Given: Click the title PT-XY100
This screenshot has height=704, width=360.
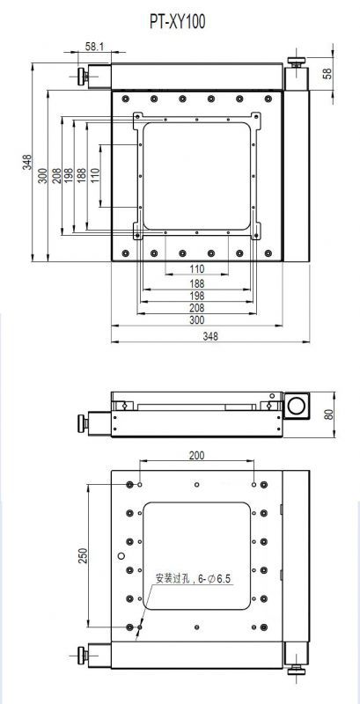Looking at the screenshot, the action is click(x=178, y=21).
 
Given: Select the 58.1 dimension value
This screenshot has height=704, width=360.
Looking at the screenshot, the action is click(x=94, y=47).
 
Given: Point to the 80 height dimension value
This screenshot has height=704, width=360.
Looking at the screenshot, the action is click(x=328, y=414).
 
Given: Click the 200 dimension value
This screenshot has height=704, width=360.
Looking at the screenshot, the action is click(x=196, y=455).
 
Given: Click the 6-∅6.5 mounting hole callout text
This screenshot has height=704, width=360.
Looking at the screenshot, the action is click(x=193, y=579).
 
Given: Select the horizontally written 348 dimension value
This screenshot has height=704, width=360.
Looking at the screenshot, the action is click(x=210, y=336).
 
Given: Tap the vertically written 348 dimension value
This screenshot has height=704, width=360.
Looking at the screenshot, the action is click(x=28, y=162).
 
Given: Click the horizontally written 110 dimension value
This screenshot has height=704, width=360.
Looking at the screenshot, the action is click(x=196, y=269).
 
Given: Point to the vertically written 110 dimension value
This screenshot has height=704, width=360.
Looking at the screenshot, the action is click(x=94, y=175).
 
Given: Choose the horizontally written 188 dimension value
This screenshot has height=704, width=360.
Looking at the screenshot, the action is click(x=196, y=283).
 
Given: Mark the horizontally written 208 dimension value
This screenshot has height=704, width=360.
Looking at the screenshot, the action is click(x=196, y=308).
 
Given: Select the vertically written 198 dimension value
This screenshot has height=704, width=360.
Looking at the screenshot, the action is click(x=69, y=175).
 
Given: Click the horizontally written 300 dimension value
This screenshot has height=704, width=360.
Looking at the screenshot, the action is click(x=196, y=320).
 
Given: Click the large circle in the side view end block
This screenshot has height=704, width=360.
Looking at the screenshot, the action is click(x=296, y=406).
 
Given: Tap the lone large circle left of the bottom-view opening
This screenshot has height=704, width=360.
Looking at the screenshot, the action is click(x=121, y=556).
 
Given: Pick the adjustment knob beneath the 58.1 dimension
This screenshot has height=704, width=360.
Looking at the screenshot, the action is click(x=83, y=77).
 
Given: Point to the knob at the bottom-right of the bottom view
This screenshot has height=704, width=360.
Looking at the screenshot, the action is click(x=297, y=671).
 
